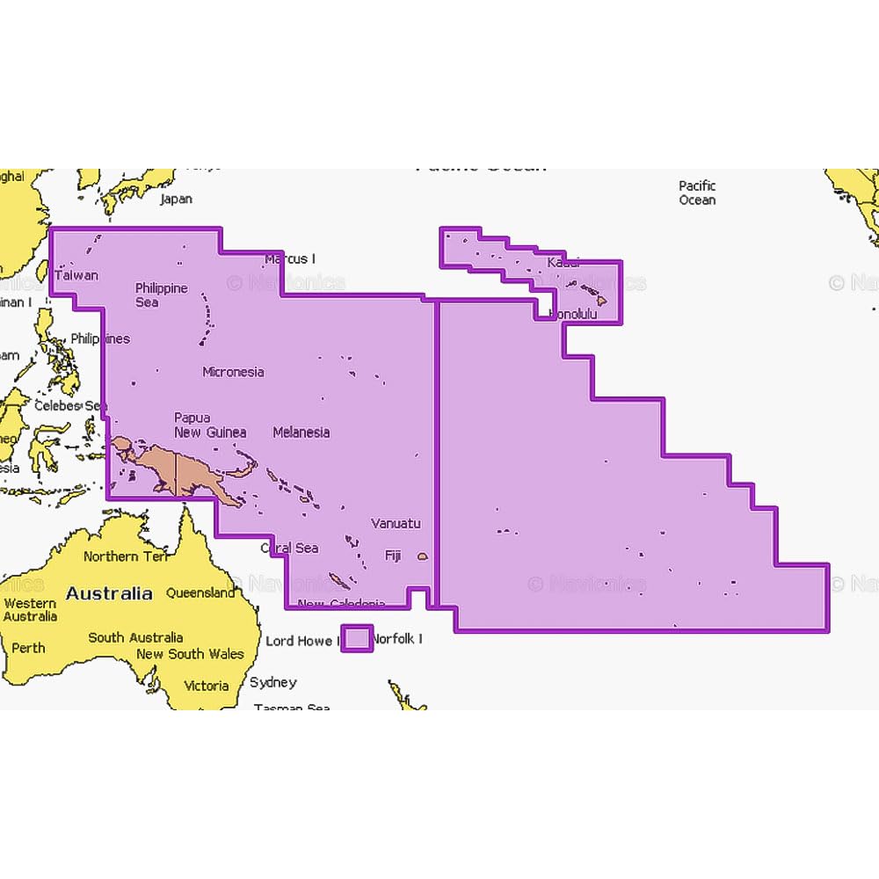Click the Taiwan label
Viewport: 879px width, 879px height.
pyautogui.click(x=76, y=275)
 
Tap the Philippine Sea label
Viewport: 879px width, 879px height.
pyautogui.click(x=161, y=295)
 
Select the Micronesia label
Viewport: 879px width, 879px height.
pyautogui.click(x=233, y=372)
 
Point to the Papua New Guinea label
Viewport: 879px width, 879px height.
pyautogui.click(x=210, y=425)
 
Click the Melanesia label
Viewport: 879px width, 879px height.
pyautogui.click(x=301, y=432)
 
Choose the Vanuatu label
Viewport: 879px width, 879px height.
pyautogui.click(x=396, y=524)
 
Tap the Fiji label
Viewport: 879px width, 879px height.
pyautogui.click(x=393, y=556)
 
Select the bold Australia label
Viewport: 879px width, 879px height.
pyautogui.click(x=109, y=593)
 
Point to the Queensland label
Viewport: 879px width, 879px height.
pyautogui.click(x=200, y=593)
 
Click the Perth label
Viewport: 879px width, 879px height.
pyautogui.click(x=28, y=649)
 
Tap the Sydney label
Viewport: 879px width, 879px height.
pyautogui.click(x=272, y=682)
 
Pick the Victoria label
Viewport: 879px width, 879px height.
pyautogui.click(x=206, y=686)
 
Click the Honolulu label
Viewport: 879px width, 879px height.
pyautogui.click(x=572, y=314)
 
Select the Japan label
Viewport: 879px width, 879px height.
pyautogui.click(x=176, y=200)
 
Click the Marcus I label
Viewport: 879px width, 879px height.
pyautogui.click(x=290, y=259)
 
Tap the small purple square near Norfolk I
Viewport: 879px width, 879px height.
pyautogui.click(x=356, y=638)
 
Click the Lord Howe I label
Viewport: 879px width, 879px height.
pyautogui.click(x=299, y=641)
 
